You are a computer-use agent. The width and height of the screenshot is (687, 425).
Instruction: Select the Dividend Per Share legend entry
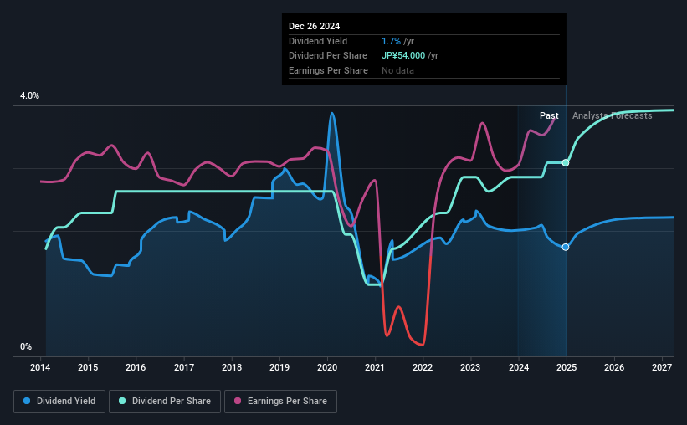click(x=171, y=402)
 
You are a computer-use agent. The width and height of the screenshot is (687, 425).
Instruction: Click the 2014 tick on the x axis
click(x=41, y=367)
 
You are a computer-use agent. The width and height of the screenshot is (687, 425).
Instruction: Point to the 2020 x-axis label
click(x=327, y=367)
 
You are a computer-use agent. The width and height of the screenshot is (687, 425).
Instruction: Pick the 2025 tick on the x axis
click(x=566, y=367)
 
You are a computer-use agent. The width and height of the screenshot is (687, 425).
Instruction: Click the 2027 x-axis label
click(x=661, y=367)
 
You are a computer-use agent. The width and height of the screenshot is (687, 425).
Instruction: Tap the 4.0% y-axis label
click(x=29, y=96)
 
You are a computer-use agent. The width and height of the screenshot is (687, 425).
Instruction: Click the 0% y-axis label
click(x=26, y=346)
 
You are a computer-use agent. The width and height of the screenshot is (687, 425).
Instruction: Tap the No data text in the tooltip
click(x=397, y=70)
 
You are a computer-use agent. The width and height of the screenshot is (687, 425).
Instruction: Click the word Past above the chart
click(x=549, y=115)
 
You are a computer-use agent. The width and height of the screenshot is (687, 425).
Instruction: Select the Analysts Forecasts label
click(x=612, y=115)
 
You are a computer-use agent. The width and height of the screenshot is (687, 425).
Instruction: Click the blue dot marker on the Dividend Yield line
click(x=566, y=247)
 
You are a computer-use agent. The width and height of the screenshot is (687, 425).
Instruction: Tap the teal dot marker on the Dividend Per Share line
click(x=566, y=162)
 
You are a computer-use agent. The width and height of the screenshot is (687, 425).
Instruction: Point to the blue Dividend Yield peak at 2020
click(x=332, y=114)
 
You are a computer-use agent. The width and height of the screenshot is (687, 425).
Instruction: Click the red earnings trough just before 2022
click(x=423, y=344)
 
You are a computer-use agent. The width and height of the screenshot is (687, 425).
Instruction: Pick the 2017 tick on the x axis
click(x=184, y=367)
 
